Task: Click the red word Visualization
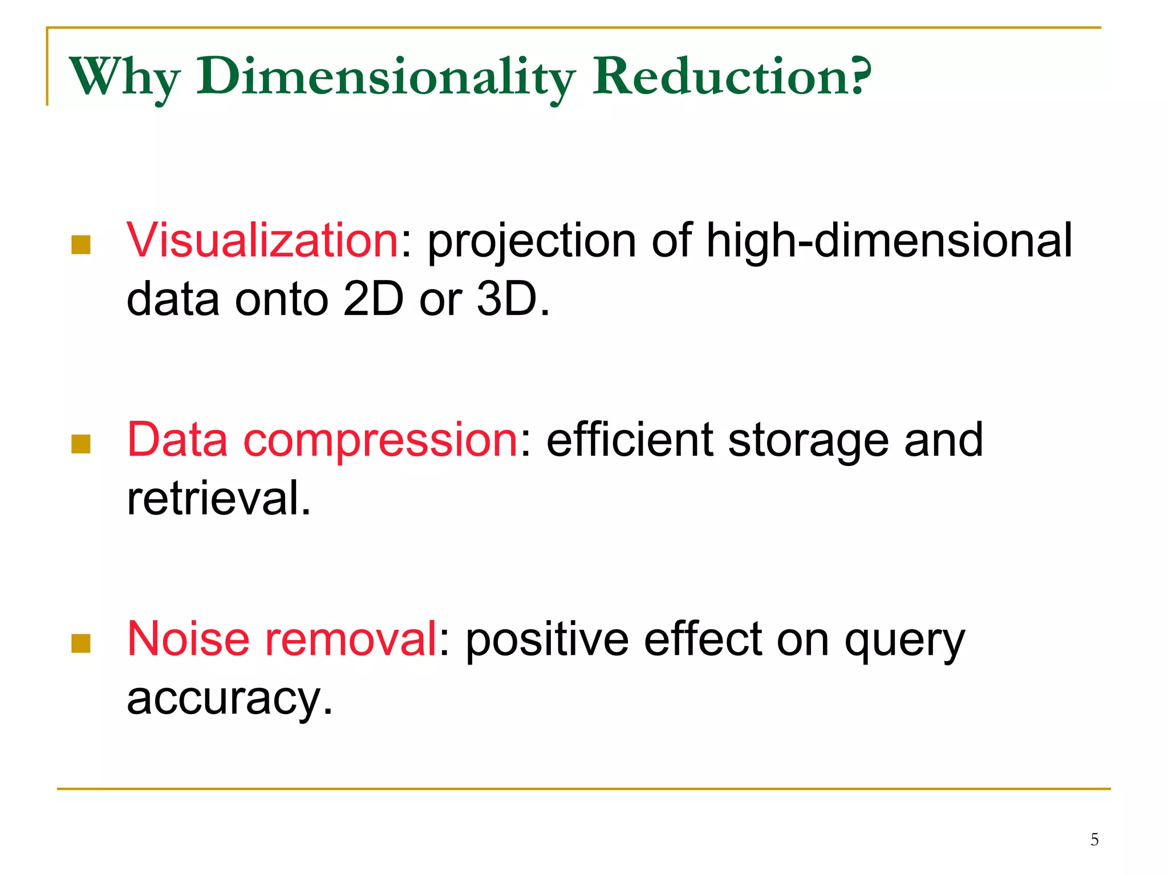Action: coord(262,240)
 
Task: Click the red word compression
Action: coord(380,440)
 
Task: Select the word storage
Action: coord(808,440)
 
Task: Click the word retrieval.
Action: coord(218,497)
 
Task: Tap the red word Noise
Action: coord(188,639)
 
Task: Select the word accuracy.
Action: coord(229,698)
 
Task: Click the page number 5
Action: coord(1094,840)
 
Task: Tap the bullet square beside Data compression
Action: coord(81,444)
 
